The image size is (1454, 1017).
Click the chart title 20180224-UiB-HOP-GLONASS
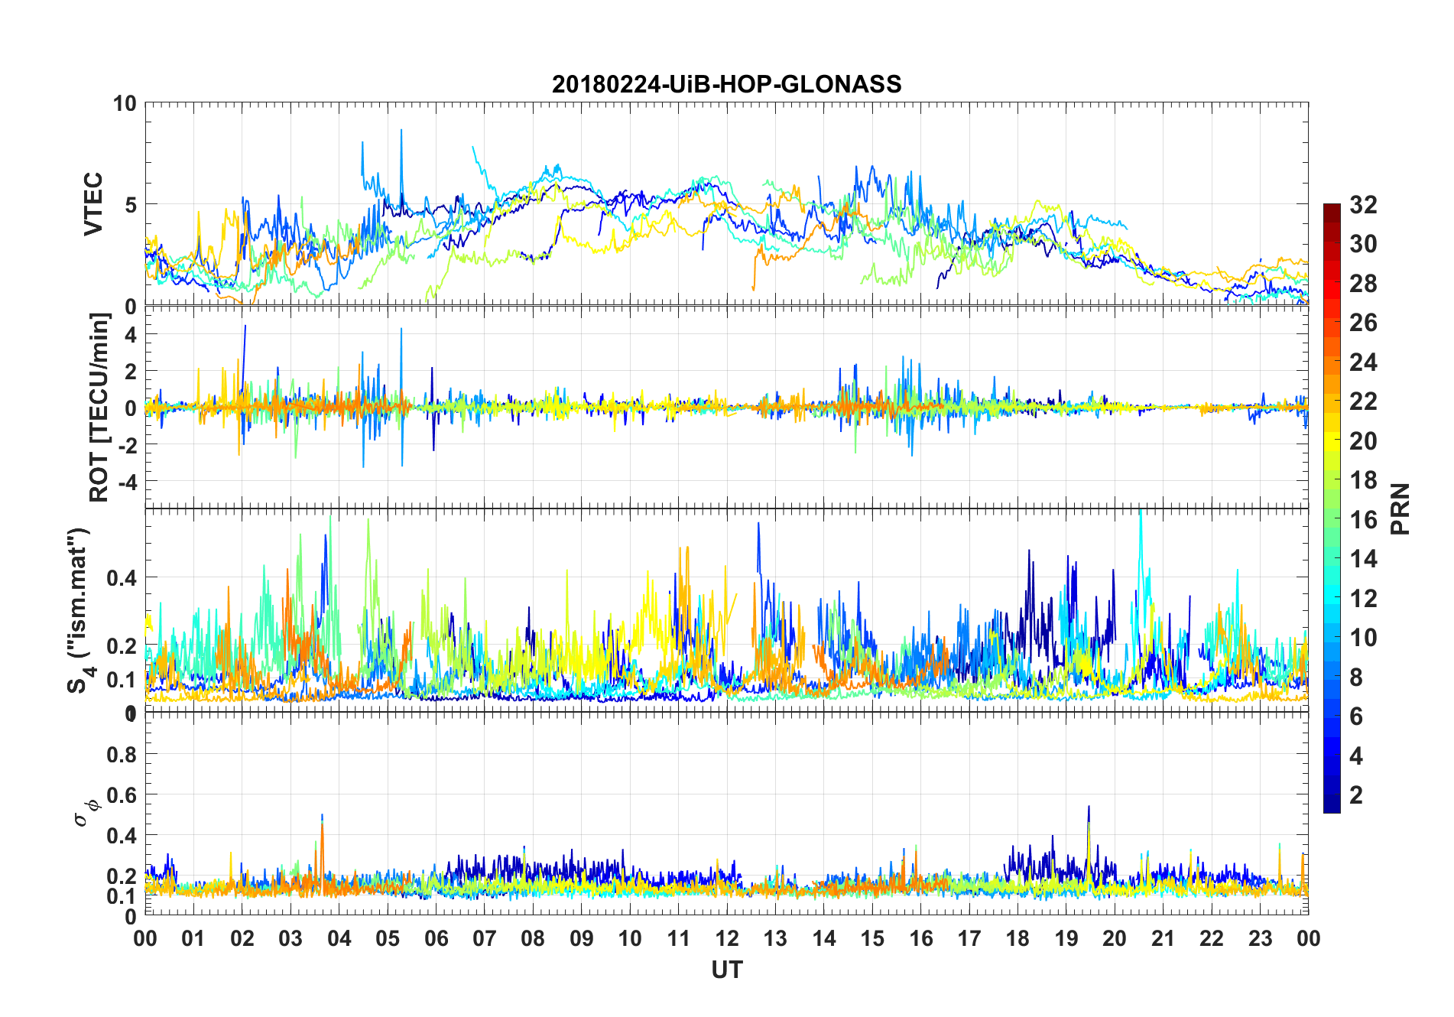(726, 84)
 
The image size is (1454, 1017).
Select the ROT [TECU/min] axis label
(99, 407)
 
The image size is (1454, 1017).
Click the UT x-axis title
(726, 970)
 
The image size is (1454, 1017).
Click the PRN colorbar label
(1400, 508)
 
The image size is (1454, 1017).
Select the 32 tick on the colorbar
(1363, 205)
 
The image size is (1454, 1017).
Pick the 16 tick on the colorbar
(1363, 520)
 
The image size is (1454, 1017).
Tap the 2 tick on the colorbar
(1356, 795)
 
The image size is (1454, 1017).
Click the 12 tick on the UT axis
(726, 938)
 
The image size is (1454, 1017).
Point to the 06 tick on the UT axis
(436, 938)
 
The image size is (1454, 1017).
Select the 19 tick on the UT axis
(1066, 938)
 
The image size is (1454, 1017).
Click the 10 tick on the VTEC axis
(125, 103)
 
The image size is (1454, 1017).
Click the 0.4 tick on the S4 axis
(122, 577)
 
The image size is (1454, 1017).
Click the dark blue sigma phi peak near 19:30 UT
(1089, 807)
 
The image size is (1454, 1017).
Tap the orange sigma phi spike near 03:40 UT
(323, 826)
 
